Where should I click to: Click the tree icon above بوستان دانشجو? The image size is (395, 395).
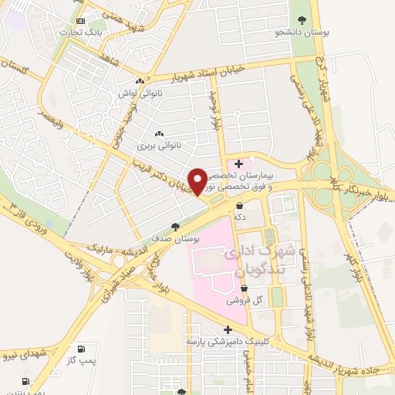pyautogui.click(x=299, y=21)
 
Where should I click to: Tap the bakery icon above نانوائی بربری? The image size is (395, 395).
pyautogui.click(x=159, y=133)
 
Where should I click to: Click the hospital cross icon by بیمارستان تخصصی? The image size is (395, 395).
pyautogui.click(x=239, y=164)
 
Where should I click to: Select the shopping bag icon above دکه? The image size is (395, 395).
pyautogui.click(x=239, y=206)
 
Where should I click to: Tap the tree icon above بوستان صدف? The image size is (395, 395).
pyautogui.click(x=175, y=227)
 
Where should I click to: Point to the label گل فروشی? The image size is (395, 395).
pyautogui.click(x=244, y=300)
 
